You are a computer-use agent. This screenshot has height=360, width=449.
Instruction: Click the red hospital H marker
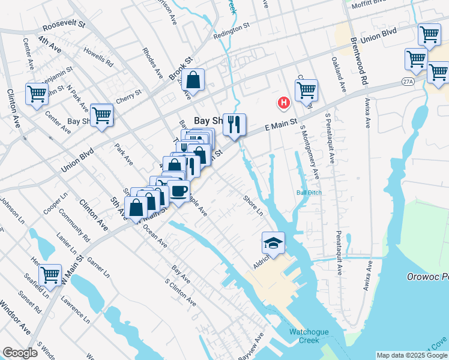tap(283, 103)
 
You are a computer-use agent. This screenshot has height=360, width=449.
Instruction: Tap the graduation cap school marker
tap(273, 244)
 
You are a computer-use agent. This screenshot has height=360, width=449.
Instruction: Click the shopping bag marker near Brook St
tap(194, 80)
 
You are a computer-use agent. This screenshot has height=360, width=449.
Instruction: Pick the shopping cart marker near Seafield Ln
tap(50, 276)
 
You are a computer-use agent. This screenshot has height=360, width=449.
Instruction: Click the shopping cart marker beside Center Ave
tap(37, 94)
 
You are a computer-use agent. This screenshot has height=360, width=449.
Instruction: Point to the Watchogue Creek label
tap(307, 335)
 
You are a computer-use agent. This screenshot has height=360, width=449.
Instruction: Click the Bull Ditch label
tap(309, 193)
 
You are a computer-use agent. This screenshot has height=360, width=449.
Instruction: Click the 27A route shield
tap(408, 80)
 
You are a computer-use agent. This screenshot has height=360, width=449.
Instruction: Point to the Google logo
tap(20, 353)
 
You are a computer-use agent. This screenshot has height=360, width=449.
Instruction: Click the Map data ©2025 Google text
tap(411, 355)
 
